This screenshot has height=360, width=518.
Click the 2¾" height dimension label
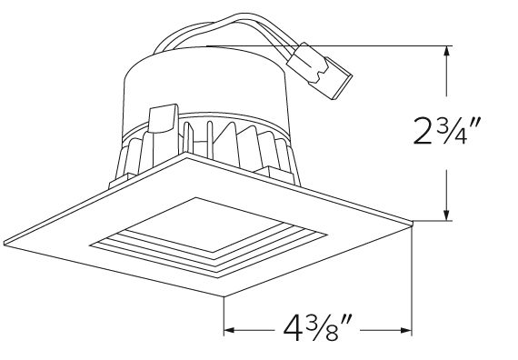(x=446, y=131)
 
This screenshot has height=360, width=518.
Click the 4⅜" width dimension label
(x=317, y=328)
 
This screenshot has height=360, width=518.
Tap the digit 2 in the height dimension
(x=423, y=131)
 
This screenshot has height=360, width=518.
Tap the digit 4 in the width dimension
(x=293, y=328)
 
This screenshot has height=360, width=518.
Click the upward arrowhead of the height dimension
(x=447, y=52)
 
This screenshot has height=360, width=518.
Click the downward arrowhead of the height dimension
(x=447, y=215)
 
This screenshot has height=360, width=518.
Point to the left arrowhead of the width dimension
(x=230, y=330)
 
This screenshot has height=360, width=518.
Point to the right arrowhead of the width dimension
(x=406, y=330)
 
